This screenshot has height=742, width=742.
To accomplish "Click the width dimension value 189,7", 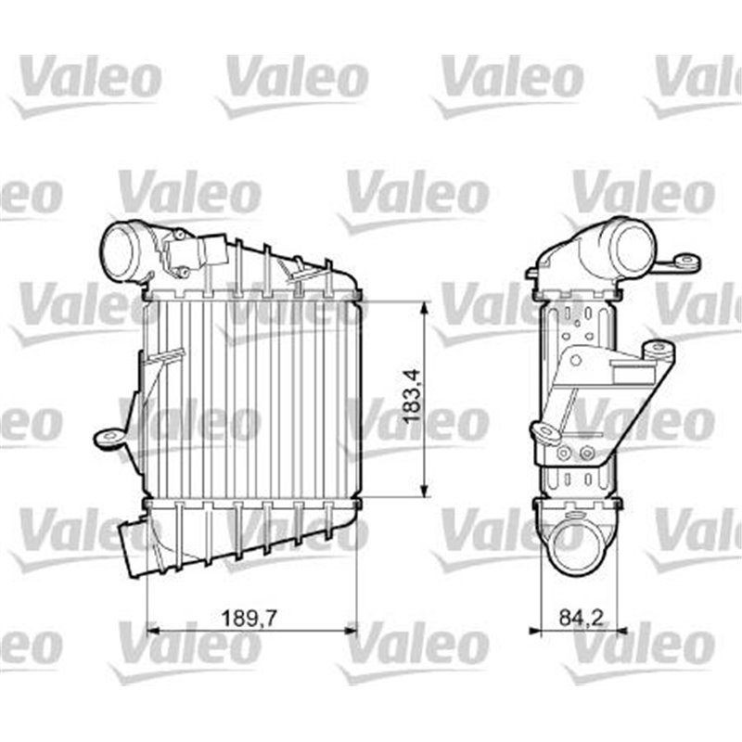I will coord(251,614).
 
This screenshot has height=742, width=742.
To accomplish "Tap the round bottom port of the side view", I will coord(576,547).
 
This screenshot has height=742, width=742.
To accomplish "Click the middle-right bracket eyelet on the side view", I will coord(659,351).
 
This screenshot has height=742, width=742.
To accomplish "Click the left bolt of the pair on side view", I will coord(563,454).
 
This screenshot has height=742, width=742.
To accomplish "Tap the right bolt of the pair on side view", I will coord(585,454).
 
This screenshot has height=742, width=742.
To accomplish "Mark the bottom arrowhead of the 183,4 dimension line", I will coord(425,493).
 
